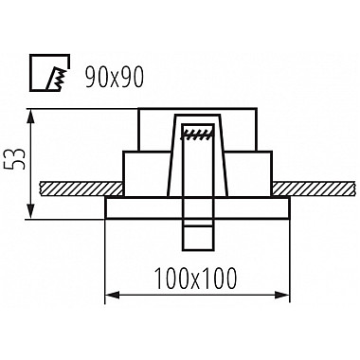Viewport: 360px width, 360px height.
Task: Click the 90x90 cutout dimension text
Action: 115,78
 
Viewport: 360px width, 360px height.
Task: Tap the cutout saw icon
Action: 50,73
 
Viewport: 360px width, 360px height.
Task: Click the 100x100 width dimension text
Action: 196,279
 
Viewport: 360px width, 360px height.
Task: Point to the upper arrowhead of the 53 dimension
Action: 30,116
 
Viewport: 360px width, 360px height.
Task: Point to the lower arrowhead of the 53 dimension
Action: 30,211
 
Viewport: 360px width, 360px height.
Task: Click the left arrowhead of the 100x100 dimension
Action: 112,296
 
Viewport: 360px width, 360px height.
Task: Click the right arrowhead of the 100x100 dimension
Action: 282,296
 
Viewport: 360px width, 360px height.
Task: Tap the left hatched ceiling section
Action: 81,189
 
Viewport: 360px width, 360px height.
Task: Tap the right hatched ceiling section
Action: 315,189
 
